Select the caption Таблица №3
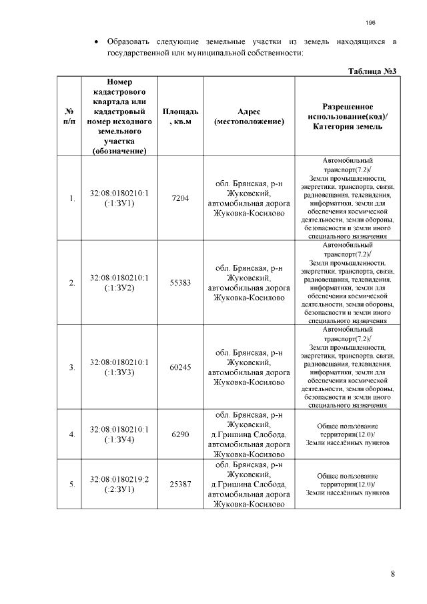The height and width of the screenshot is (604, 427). (x=373, y=71)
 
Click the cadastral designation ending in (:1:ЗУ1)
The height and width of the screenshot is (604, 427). (x=119, y=198)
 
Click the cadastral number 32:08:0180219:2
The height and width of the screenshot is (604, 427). (x=119, y=479)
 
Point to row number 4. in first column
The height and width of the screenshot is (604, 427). (x=71, y=435)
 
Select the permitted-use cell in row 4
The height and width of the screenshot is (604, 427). (x=347, y=434)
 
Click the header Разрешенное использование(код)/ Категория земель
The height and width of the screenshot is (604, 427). (x=347, y=116)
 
